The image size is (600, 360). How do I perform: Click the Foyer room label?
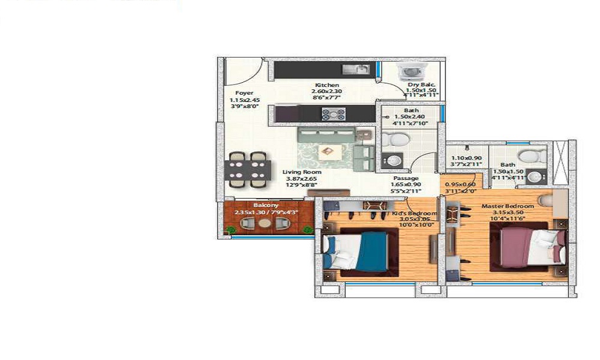click(244, 93)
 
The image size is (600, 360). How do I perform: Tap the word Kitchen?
click(327, 85)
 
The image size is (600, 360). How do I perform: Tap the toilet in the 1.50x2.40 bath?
click(396, 140)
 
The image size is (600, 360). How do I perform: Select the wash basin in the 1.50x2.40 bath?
click(391, 161)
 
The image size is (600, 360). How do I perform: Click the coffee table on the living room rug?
click(328, 151)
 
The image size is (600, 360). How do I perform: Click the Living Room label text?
click(299, 172)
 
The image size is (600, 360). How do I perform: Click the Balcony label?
click(266, 205)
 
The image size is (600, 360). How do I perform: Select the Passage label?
click(406, 178)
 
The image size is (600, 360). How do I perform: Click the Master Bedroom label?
click(508, 206)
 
